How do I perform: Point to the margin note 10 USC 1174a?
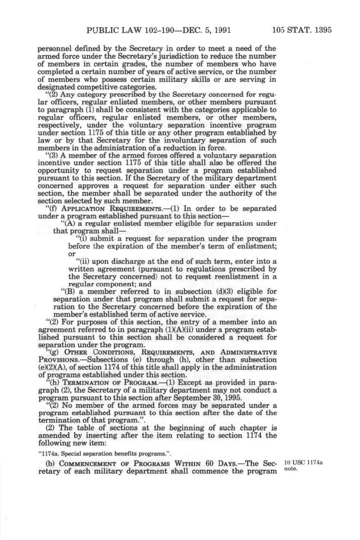point(303,462)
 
